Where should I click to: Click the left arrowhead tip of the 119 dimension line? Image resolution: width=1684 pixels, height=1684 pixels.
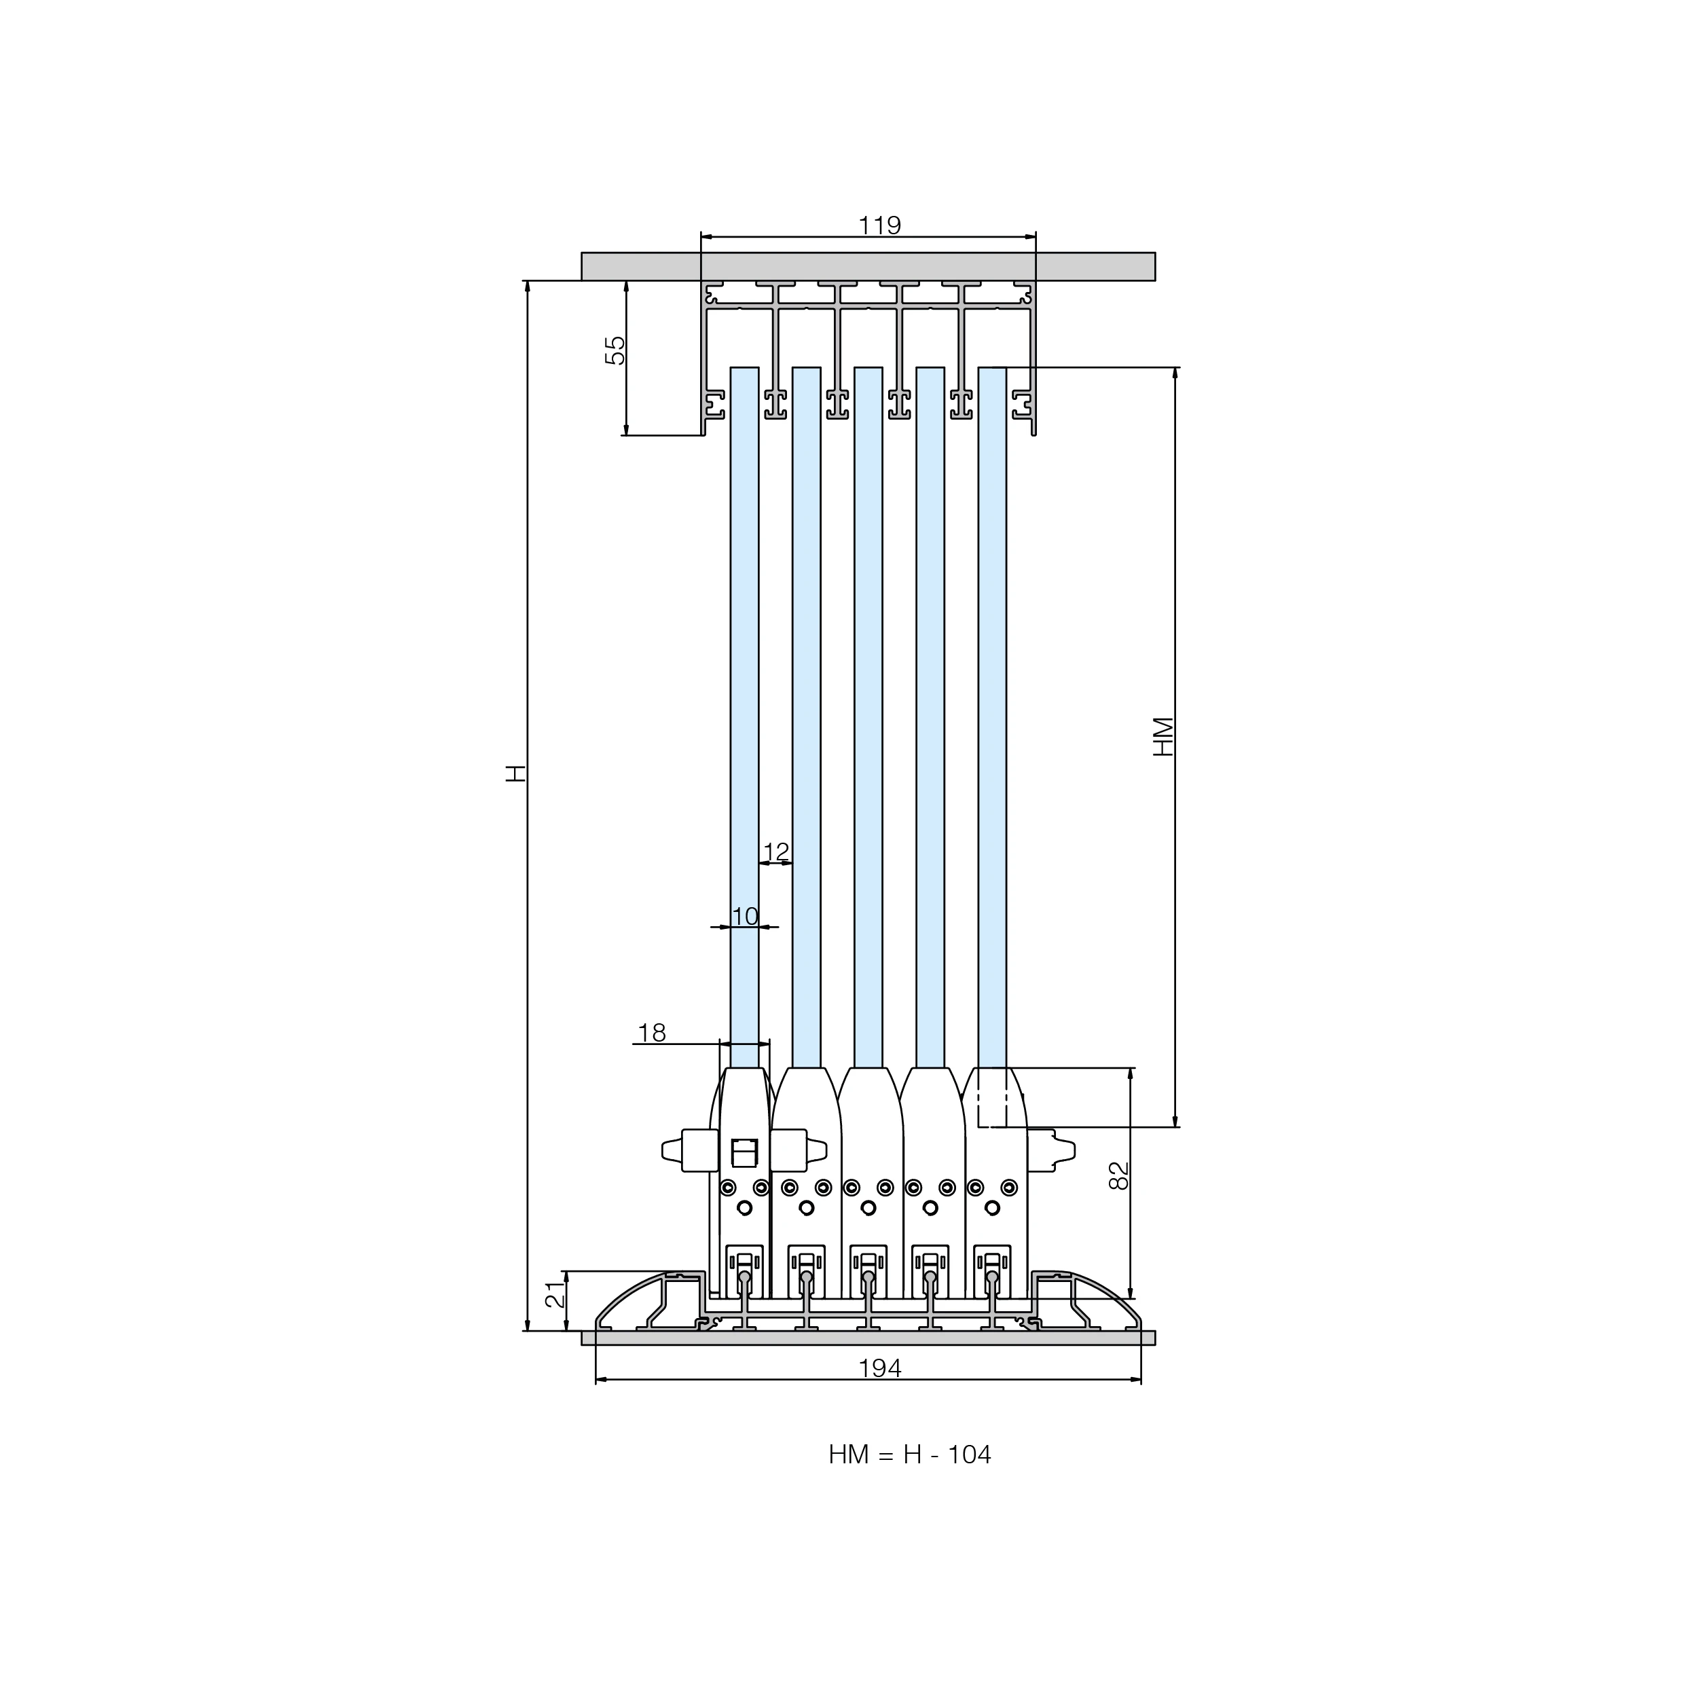coord(701,236)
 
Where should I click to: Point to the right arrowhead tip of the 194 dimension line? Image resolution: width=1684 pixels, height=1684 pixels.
coord(1141,1380)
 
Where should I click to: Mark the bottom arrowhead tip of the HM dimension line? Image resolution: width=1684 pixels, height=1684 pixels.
coord(1175,1127)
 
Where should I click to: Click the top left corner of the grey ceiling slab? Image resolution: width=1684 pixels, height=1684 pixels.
coord(582,253)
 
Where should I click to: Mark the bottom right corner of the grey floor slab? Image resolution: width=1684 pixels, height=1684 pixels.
coord(1156,1345)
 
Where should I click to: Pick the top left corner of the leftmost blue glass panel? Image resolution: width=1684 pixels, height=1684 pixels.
coord(731,367)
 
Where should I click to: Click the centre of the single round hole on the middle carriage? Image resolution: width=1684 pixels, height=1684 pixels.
coord(868,1208)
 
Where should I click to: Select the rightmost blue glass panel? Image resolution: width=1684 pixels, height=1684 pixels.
coord(993,717)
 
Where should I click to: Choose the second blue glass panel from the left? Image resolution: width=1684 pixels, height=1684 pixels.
coord(806,717)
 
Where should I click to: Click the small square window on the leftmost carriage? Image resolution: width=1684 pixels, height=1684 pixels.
coord(744,1152)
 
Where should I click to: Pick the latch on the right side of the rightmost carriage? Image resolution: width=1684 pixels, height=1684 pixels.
coord(1050,1149)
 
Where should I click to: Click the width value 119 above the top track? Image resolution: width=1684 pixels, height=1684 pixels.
coord(879,225)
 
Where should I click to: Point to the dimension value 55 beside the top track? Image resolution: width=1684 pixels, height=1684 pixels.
coord(615,350)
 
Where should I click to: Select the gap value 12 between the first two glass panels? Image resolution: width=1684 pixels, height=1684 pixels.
coord(775,852)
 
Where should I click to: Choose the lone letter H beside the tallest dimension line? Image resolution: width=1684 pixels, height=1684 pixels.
coord(517,772)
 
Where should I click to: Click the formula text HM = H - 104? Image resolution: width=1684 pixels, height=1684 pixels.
coord(910,1454)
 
